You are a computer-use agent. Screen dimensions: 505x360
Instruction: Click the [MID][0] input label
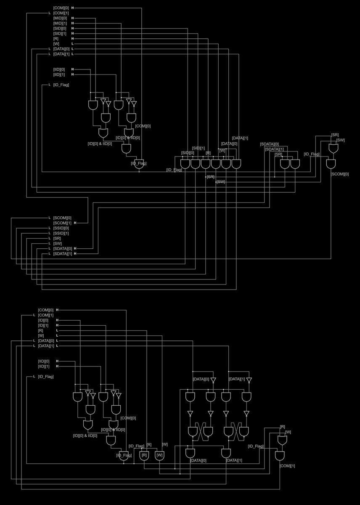click(60, 18)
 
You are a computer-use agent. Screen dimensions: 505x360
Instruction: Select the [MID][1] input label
click(60, 23)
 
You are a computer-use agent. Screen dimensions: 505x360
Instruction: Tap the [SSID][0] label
click(61, 228)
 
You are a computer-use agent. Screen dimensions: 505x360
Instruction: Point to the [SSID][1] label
click(61, 233)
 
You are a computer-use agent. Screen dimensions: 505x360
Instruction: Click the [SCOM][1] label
click(62, 223)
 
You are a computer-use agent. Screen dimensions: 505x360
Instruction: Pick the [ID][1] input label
click(43, 325)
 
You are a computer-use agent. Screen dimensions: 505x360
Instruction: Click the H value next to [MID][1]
click(72, 23)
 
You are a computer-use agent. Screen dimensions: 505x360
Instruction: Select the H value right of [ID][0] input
click(57, 320)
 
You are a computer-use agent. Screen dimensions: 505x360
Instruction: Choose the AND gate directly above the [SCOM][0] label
click(333, 164)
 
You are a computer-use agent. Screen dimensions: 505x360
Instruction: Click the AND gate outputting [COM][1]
click(280, 456)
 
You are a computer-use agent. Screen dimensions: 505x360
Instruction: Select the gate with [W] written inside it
click(160, 455)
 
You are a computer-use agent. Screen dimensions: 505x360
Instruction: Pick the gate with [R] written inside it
click(144, 455)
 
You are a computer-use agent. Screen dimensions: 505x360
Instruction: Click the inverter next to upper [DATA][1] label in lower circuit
click(249, 380)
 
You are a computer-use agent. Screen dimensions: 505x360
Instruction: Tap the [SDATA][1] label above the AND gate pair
click(274, 149)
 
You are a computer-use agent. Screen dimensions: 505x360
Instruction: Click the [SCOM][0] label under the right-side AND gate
click(340, 174)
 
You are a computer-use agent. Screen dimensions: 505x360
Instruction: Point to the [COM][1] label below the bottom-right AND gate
click(287, 466)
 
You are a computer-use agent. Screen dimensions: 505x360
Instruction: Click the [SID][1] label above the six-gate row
click(199, 148)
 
